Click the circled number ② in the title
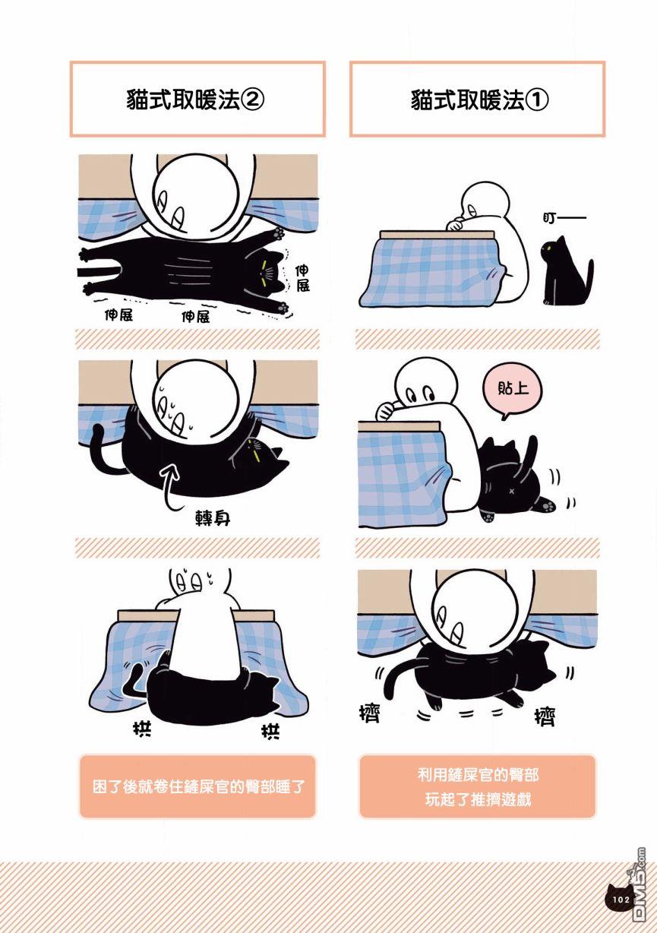pos(253,100)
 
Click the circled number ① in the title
pos(537,100)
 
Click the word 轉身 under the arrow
pos(213,519)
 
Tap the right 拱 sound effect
pos(270,732)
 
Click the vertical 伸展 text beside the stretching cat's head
pos(302,278)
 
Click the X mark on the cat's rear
pos(511,491)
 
